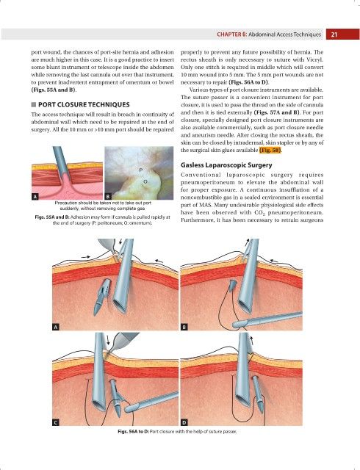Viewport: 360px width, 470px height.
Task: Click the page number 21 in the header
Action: pyautogui.click(x=334, y=35)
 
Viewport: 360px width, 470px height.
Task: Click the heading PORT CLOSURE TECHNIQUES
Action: pyautogui.click(x=84, y=104)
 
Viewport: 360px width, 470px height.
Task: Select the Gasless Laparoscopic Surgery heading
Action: pyautogui.click(x=226, y=164)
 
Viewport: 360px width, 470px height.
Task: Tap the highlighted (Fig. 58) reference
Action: pyautogui.click(x=270, y=150)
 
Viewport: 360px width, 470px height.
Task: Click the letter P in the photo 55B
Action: pyautogui.click(x=141, y=170)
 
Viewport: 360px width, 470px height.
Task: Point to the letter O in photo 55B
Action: pyautogui.click(x=145, y=181)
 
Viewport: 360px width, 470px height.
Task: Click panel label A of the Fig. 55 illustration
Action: pyautogui.click(x=35, y=197)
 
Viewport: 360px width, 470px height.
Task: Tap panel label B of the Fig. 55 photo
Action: pyautogui.click(x=108, y=197)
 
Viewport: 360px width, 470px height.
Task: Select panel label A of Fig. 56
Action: pyautogui.click(x=56, y=327)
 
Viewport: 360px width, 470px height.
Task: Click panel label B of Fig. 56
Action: pyautogui.click(x=184, y=327)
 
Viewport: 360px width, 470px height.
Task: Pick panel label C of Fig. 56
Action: pyautogui.click(x=56, y=423)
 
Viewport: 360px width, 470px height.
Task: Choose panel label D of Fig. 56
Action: pyautogui.click(x=184, y=423)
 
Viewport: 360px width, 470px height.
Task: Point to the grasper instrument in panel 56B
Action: pyautogui.click(x=267, y=319)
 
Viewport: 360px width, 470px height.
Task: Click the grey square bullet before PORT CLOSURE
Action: pyautogui.click(x=34, y=104)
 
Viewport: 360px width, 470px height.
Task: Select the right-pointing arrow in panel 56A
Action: pyautogui.click(x=85, y=257)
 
